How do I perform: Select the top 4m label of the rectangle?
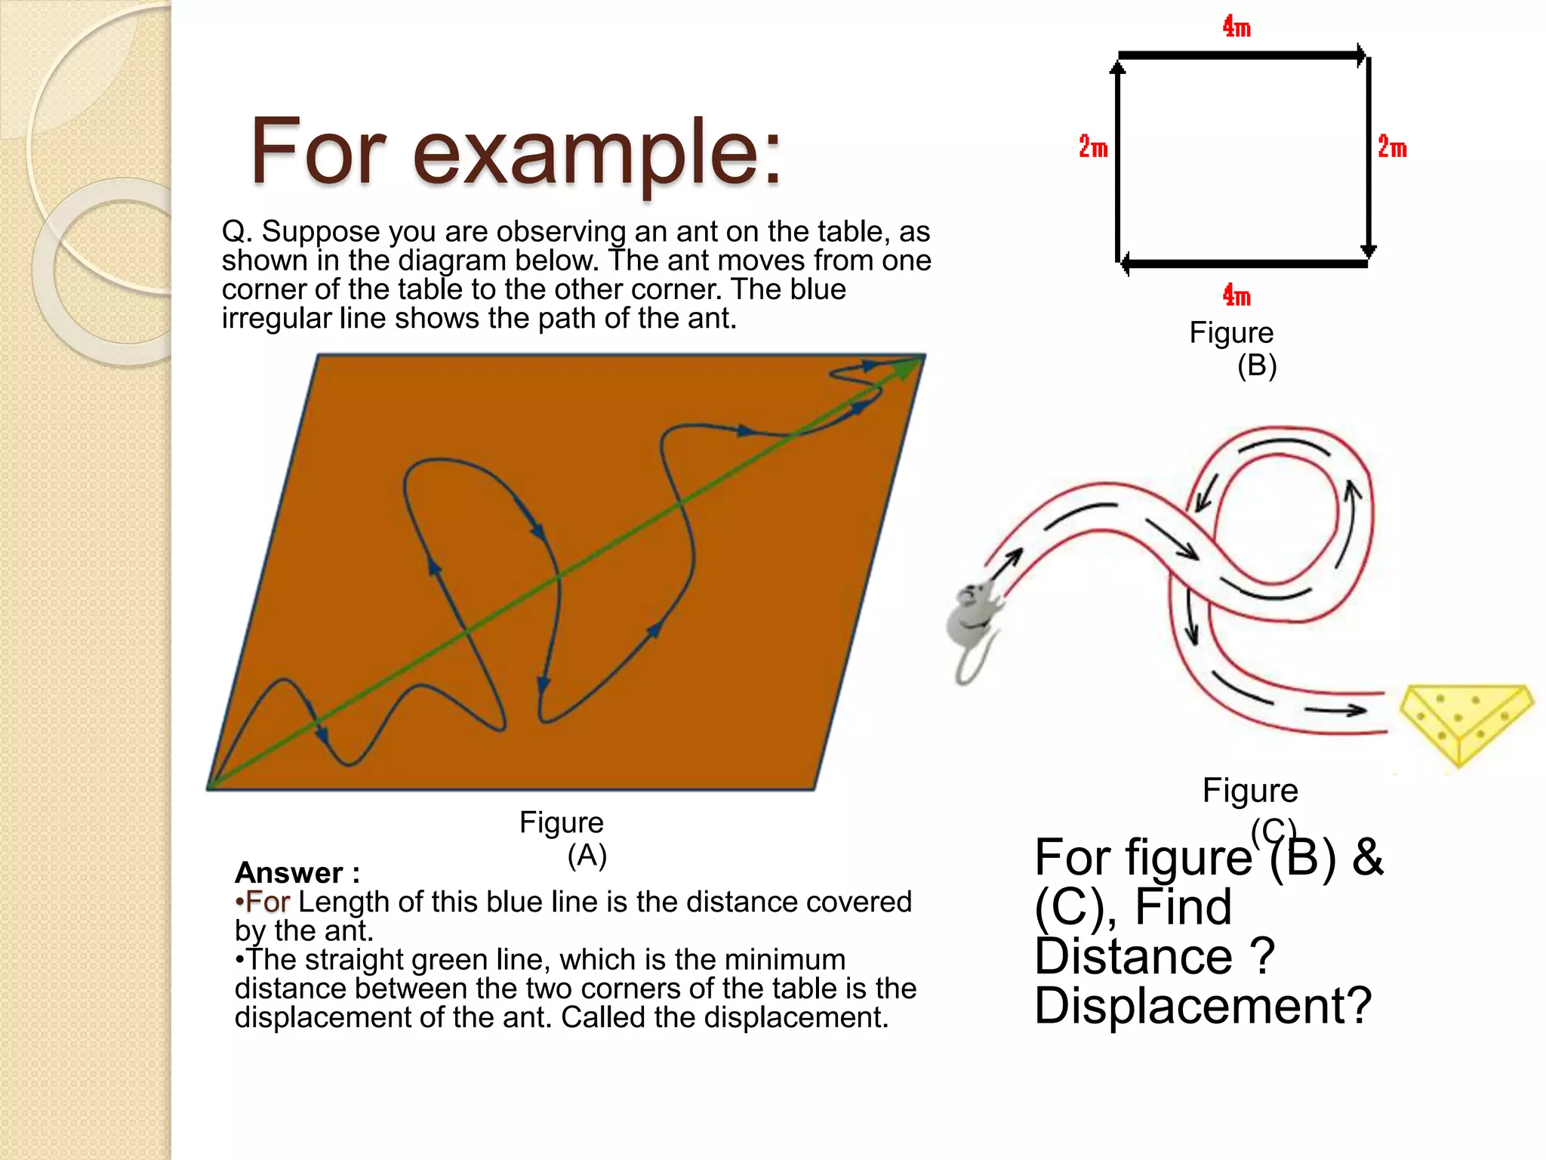click(x=1236, y=27)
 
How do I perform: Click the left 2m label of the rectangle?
click(x=1092, y=147)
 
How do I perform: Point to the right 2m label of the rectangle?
click(x=1392, y=147)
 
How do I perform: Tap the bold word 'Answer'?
click(x=289, y=873)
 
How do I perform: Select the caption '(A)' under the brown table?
click(x=587, y=855)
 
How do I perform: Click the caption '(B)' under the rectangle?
click(x=1256, y=366)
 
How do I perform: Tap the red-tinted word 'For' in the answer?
click(x=268, y=902)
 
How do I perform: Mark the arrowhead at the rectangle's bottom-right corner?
click(x=1368, y=251)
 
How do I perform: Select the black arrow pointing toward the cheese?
click(x=1336, y=710)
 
